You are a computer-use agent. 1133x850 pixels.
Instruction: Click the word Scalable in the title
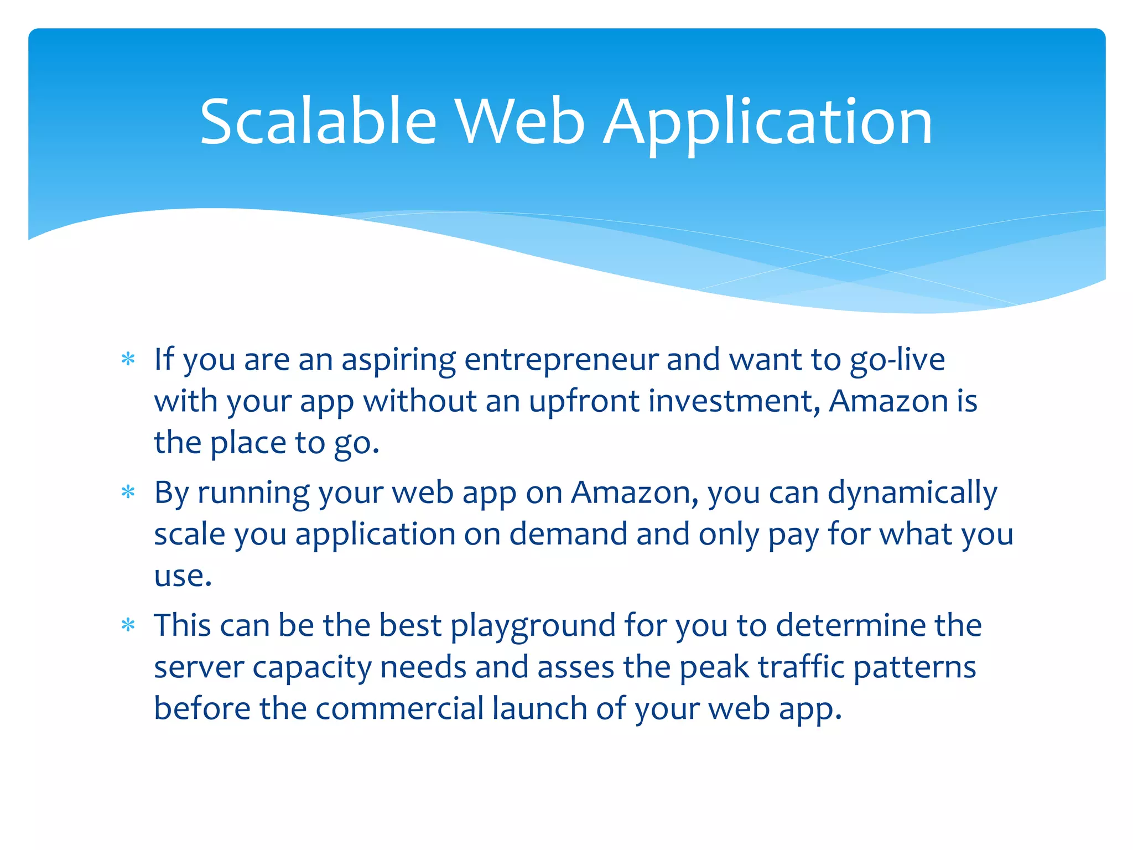pos(318,122)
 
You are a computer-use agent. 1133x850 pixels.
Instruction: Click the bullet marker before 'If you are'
pos(128,360)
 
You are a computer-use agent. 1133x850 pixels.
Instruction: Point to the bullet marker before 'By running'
pos(128,492)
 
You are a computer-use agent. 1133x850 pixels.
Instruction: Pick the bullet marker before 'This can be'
pos(128,625)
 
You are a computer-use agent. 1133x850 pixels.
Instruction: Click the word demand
pos(568,535)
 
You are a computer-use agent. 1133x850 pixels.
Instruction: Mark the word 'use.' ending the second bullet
pos(183,576)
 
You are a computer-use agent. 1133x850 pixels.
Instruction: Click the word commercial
pos(399,709)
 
